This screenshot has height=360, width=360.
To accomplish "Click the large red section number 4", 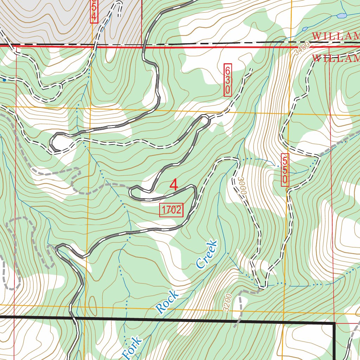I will (x=174, y=185).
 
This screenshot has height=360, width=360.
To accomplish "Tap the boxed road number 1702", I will (x=172, y=210).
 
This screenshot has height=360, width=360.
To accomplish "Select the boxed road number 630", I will (x=228, y=80).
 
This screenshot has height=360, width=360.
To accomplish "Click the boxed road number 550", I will (x=285, y=170).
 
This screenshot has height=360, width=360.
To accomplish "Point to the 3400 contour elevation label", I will (x=302, y=48).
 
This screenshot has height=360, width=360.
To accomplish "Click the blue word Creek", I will (x=206, y=254).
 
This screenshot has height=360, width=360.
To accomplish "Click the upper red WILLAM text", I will (x=336, y=36).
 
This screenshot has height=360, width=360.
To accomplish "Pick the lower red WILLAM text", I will (x=336, y=58).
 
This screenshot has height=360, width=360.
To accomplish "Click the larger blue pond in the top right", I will (x=341, y=16).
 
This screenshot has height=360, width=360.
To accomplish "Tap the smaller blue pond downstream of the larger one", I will (x=305, y=28).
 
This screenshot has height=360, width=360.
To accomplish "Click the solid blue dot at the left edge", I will (x=4, y=80).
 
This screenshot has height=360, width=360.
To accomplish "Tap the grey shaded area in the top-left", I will (x=53, y=21).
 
